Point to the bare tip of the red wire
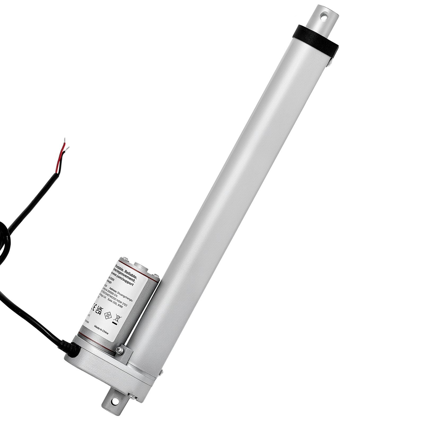click(64, 140)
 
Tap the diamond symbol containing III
click(108, 316)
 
